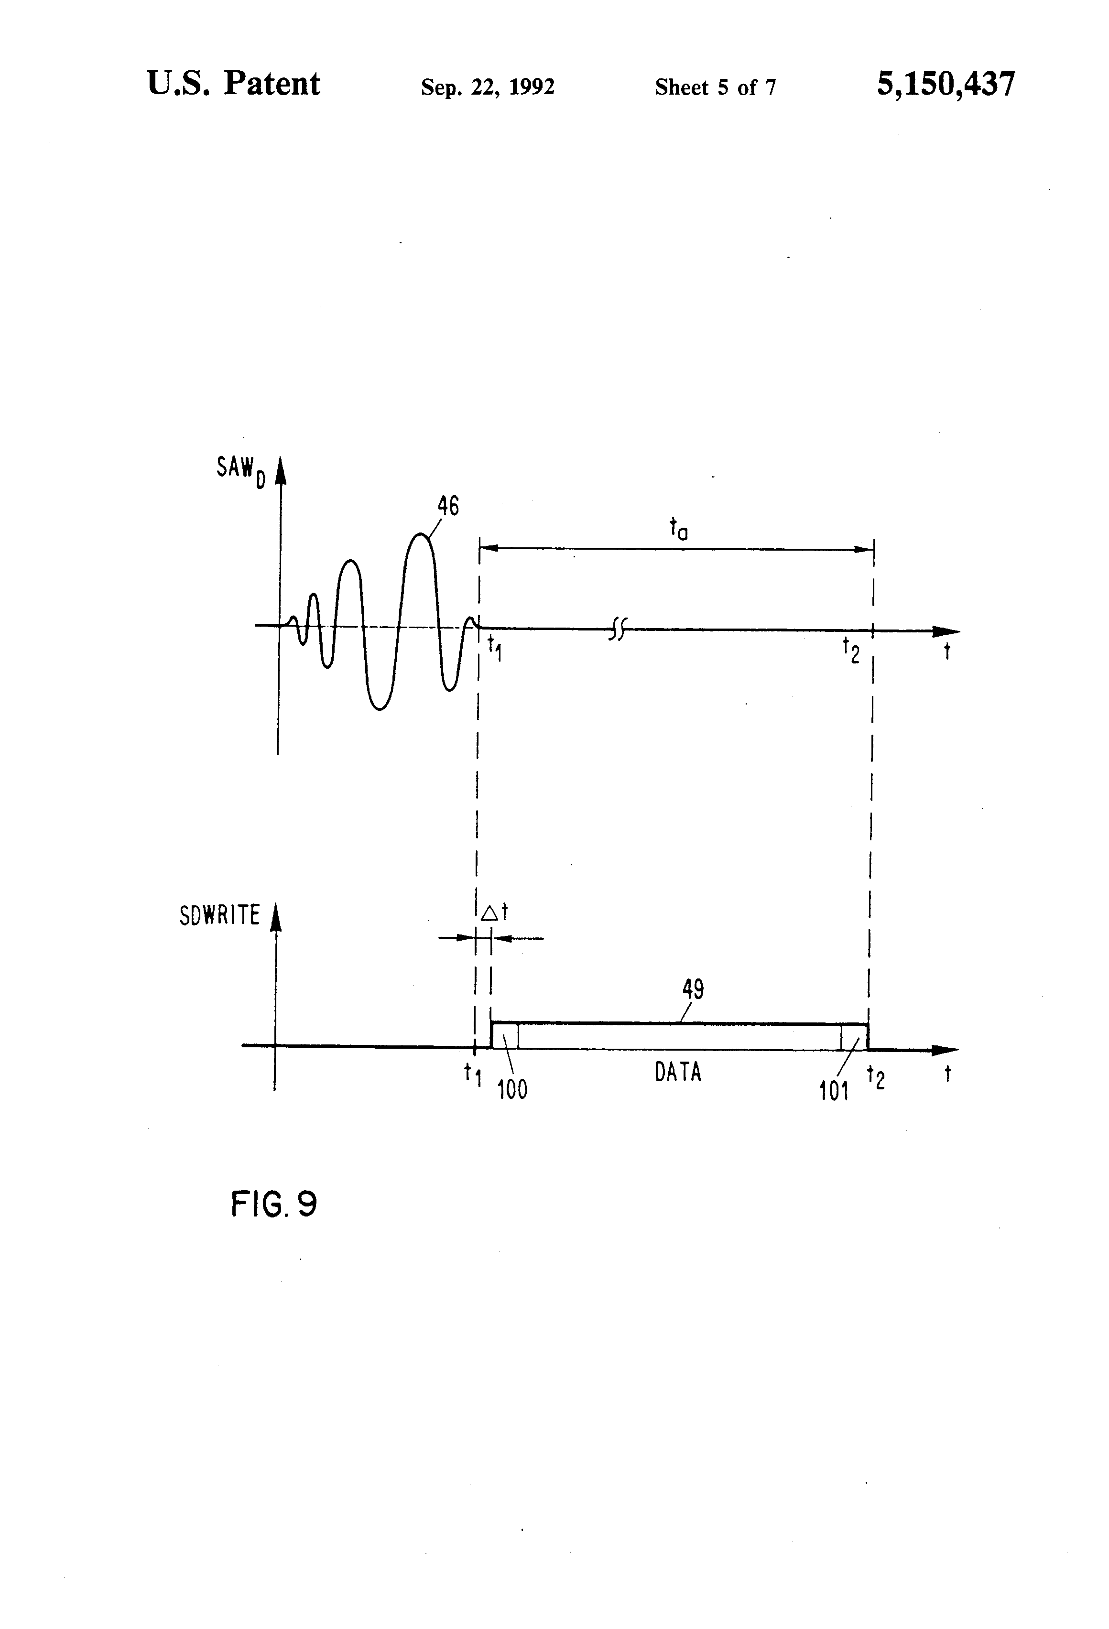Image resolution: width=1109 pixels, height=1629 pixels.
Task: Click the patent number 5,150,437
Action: pos(945,85)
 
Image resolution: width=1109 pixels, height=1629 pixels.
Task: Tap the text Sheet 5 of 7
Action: pos(715,87)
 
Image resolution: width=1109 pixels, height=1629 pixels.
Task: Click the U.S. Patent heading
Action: pos(233,84)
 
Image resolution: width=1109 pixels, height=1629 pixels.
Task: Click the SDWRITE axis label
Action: pos(219,915)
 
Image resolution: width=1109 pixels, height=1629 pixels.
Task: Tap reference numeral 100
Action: pos(512,1089)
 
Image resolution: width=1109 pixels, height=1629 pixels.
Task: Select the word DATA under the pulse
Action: pos(678,1073)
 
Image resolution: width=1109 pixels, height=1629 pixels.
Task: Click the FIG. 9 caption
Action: pos(274,1204)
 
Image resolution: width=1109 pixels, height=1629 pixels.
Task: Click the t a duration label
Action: pos(678,529)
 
